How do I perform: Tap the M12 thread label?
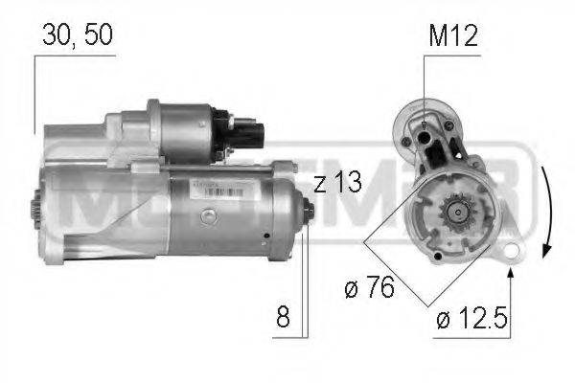451,36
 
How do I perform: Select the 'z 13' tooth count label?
336,183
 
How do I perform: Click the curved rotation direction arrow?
542,206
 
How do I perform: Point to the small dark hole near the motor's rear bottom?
263,233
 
